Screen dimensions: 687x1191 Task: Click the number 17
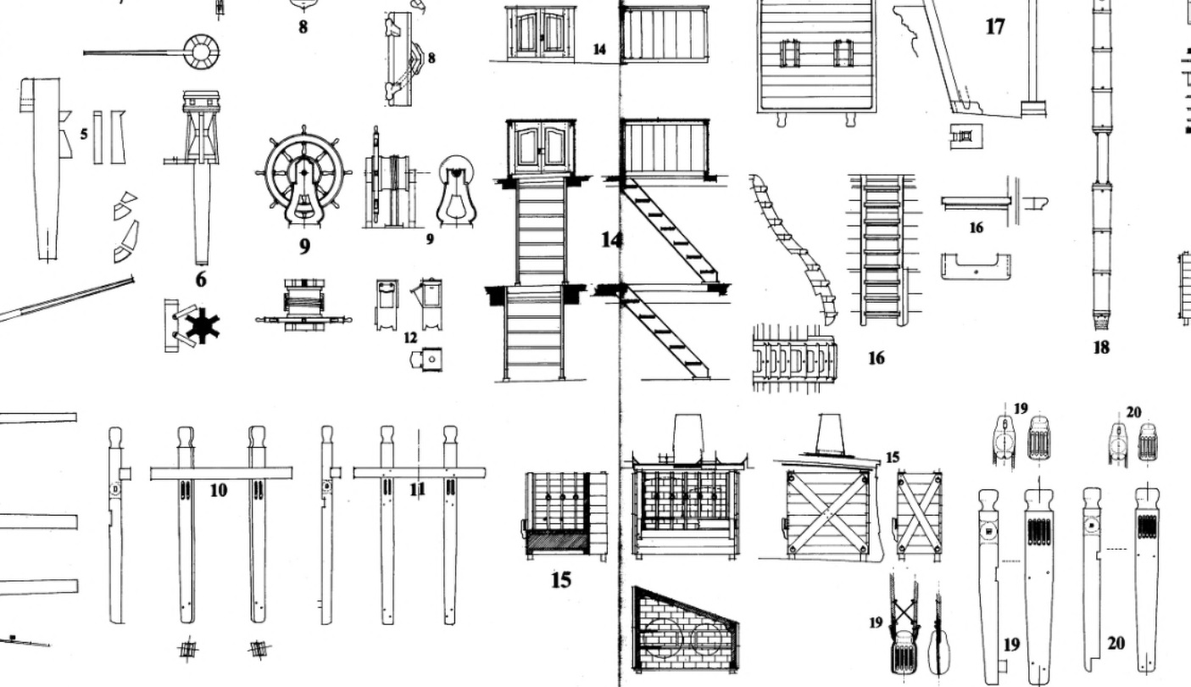[x=995, y=27]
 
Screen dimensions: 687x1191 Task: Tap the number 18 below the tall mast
[x=1100, y=347]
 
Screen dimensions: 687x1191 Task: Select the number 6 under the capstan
[x=201, y=279]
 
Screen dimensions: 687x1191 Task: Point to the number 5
[x=84, y=134]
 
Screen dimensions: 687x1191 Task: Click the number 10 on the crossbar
[x=219, y=490]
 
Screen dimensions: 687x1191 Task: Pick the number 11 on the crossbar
[x=417, y=489]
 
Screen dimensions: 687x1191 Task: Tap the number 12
[x=410, y=338]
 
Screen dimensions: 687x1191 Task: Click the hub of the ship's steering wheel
[x=303, y=172]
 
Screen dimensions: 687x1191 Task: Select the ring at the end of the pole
[x=202, y=52]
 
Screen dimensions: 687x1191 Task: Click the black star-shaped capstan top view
[x=203, y=326]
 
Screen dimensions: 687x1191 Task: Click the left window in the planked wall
[x=790, y=53]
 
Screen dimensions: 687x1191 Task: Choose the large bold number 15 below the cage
[x=561, y=580]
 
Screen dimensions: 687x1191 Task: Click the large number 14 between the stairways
[x=611, y=240]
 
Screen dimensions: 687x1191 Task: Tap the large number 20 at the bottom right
[x=1116, y=644]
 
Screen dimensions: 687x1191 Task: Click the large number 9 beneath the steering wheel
[x=303, y=247]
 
